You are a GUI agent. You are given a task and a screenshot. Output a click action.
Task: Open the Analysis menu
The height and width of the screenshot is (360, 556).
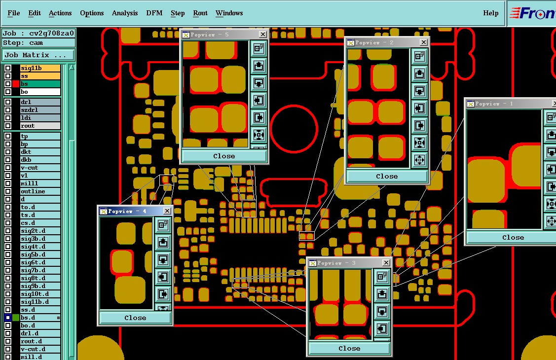125,13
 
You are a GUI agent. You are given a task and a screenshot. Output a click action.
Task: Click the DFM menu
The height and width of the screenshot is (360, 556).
154,13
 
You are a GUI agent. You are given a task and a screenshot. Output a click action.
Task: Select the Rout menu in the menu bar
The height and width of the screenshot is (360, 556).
200,13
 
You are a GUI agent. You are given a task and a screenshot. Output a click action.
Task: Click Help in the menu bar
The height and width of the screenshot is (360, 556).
491,13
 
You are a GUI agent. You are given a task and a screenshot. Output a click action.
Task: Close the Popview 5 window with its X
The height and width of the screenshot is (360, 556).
263,35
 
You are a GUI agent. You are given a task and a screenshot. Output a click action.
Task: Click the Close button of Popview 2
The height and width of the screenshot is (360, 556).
387,176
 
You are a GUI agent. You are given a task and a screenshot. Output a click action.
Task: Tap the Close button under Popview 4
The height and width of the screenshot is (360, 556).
135,318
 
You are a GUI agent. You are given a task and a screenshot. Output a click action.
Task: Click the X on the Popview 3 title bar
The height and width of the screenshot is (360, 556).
386,262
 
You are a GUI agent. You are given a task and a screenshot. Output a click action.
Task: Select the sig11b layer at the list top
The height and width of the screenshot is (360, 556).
40,68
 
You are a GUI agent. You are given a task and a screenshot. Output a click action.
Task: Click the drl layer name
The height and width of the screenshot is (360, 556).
40,102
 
